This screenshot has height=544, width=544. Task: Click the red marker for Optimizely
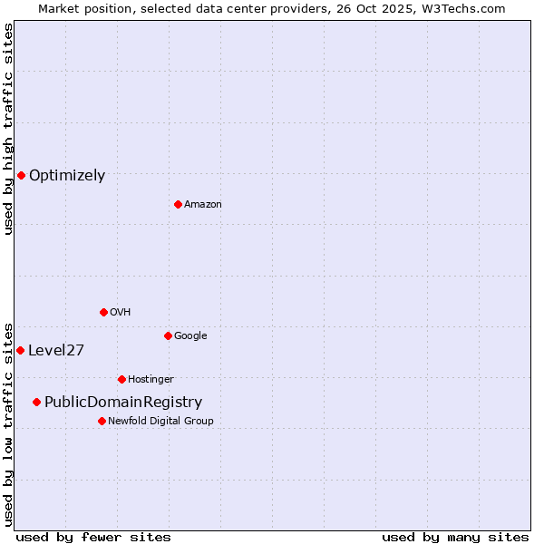coord(21,175)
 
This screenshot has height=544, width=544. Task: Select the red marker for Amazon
coord(178,204)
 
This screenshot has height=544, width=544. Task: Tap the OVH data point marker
coord(103,312)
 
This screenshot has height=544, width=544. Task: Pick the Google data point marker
coord(168,335)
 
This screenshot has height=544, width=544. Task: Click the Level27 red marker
coord(20,350)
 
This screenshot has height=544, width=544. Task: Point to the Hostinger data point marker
coord(121,379)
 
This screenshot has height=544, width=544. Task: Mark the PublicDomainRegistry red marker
coord(36,402)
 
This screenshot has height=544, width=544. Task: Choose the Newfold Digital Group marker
coord(102,421)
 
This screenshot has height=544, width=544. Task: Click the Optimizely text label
coord(67,176)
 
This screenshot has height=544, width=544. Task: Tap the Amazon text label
coord(203,205)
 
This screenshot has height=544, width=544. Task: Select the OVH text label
coord(121,313)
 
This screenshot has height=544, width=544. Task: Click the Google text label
coord(190,336)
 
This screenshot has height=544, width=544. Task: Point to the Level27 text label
coord(56,351)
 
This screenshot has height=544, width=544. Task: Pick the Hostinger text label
coord(151,380)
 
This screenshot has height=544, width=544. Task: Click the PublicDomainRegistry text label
coord(123,403)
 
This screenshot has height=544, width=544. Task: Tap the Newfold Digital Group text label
coord(160,422)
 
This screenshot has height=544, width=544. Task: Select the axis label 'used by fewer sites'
coord(93,537)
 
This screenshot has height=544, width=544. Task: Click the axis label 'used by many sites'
coord(455,537)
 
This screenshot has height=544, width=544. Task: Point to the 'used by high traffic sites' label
coord(8,129)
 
